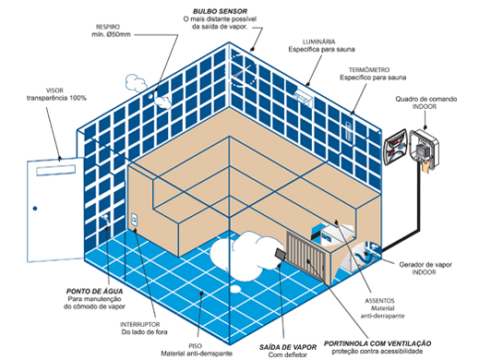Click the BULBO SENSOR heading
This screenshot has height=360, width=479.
220,11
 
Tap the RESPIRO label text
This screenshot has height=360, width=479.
108,27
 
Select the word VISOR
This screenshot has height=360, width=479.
54,90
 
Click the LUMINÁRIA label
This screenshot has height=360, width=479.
319,42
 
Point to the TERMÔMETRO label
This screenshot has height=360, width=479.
369,70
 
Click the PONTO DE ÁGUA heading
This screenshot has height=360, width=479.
95,291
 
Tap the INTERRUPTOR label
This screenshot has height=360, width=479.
140,324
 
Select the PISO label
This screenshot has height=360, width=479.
196,346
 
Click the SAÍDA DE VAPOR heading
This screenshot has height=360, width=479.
288,347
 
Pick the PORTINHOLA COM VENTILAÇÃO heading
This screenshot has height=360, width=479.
377,343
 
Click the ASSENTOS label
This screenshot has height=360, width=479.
379,301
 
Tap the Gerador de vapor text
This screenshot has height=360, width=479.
425,264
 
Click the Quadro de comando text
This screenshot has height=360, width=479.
426,99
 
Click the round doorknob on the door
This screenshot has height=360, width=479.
35,209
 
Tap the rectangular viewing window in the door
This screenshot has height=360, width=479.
56,170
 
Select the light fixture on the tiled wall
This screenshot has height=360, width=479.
304,98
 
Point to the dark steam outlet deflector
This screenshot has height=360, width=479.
281,255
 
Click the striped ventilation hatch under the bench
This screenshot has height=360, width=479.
306,257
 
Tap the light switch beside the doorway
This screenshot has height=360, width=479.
134,220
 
